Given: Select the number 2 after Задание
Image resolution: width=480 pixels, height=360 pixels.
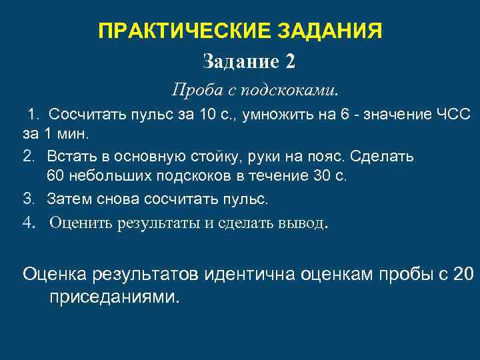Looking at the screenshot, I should point(289,61).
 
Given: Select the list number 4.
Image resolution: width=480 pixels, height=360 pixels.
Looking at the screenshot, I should point(27,223).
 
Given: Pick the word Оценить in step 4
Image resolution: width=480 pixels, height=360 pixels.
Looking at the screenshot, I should point(81,223).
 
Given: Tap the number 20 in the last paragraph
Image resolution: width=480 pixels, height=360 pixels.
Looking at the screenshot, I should point(461,273).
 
